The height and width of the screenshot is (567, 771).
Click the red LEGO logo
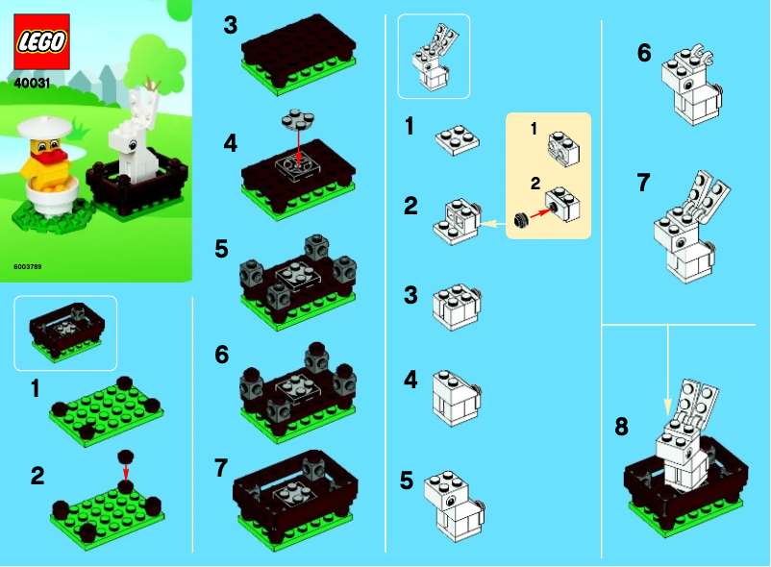(41, 43)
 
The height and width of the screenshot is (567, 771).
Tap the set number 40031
(34, 84)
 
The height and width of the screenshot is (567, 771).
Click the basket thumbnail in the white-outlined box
(64, 332)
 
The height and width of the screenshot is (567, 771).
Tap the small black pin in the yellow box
(523, 220)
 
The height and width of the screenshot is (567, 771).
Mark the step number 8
(621, 426)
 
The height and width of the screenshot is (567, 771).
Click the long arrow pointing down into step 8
(670, 365)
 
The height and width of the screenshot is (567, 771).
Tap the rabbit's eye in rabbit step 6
(689, 83)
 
